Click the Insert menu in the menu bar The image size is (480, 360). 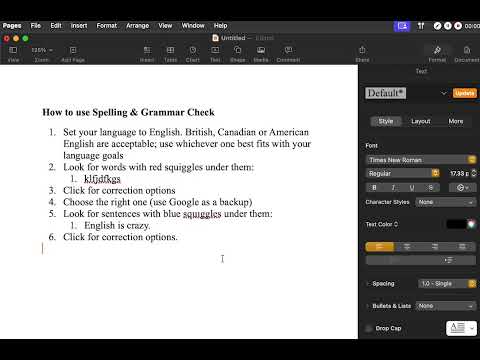coord(79,25)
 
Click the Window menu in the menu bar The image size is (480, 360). coord(194,25)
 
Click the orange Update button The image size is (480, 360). coord(465,93)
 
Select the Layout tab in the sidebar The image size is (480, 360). coord(421,121)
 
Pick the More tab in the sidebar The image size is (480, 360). coord(455,121)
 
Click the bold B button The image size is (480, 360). coord(374,187)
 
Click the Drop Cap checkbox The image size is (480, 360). coord(370,328)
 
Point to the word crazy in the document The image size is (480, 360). coord(140,225)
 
